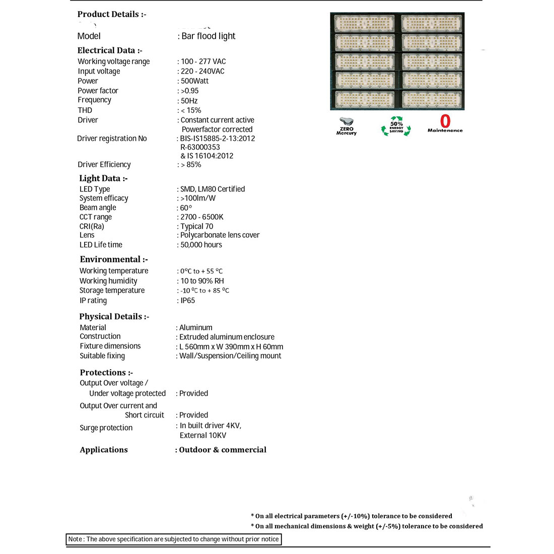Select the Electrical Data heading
[110, 50]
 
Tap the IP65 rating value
[187, 301]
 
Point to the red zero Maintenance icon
[445, 123]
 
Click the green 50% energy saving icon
[396, 126]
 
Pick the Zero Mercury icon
[347, 126]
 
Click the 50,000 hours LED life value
[201, 245]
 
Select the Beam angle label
[98, 207]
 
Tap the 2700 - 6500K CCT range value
[201, 217]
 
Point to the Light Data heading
[103, 178]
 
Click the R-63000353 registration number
[200, 147]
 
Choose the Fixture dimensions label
[110, 346]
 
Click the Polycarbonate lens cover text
[220, 235]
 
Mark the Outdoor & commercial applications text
[223, 450]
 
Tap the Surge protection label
[106, 428]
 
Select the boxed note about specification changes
[174, 539]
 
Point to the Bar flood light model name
[208, 36]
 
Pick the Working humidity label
[108, 281]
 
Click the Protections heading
[106, 373]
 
